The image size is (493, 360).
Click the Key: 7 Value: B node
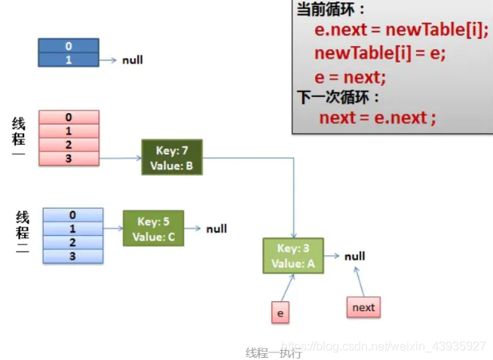[x=172, y=157]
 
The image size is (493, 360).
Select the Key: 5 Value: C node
[x=153, y=229]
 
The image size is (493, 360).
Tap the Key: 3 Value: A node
[x=293, y=255]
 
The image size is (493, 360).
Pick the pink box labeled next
[x=363, y=307]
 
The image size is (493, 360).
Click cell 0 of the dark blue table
[x=68, y=47]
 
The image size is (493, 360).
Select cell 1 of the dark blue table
[x=68, y=59]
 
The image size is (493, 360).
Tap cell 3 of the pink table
[x=69, y=158]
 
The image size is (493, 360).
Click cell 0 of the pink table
[x=69, y=117]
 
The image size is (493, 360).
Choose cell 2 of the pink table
[x=69, y=145]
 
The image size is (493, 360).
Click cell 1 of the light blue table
[x=73, y=229]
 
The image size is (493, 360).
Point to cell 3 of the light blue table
[x=73, y=256]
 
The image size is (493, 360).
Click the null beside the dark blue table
[x=133, y=59]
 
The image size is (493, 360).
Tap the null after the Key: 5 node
[x=216, y=229]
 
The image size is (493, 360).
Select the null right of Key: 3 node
[x=355, y=256]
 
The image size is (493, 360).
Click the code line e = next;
[x=351, y=77]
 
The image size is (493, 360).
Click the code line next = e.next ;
[x=378, y=118]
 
